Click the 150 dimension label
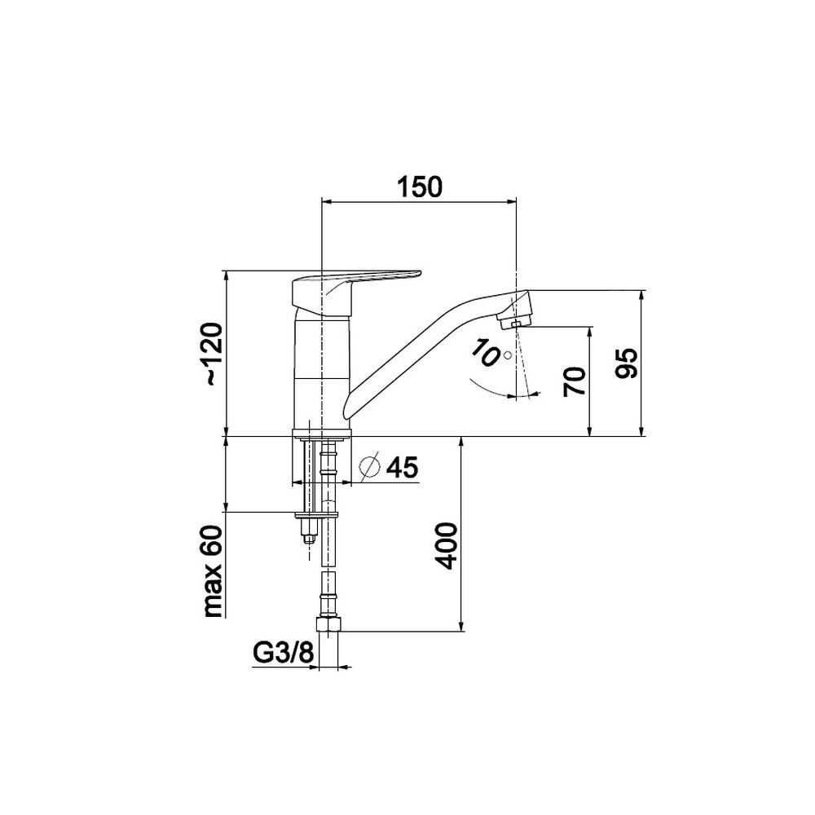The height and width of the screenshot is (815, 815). pos(420,187)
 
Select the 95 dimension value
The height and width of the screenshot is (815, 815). pos(626,363)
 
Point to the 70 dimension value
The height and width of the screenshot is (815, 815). pos(575,382)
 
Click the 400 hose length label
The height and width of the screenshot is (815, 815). pos(447,547)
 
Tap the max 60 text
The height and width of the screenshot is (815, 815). pos(213,571)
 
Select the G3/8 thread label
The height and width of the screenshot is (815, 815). pos(284,654)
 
